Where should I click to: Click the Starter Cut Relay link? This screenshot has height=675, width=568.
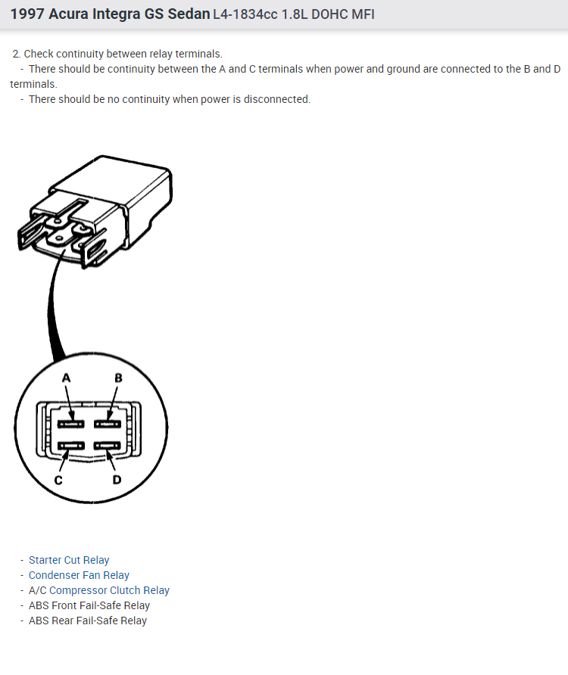coord(69,560)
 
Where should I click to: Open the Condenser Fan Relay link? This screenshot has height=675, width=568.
coord(79,575)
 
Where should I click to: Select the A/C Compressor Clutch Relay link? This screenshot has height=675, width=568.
coord(99,590)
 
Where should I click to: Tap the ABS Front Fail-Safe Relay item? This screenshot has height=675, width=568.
coord(89,605)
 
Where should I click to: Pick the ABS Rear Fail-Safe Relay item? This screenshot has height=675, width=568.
coord(88,621)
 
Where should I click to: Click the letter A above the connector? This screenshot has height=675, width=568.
coord(67,378)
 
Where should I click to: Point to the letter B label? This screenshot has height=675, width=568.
coord(118,378)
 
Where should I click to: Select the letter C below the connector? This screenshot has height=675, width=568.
coord(58,480)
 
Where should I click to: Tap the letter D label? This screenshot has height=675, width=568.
coord(117,480)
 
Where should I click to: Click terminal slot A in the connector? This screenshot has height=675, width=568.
coord(73,422)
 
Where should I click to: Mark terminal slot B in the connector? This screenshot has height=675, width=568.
coord(108,422)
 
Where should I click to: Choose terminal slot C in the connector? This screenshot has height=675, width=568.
coord(72,446)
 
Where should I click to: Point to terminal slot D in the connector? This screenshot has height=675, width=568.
coord(107,446)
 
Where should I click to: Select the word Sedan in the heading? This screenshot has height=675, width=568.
coord(190,14)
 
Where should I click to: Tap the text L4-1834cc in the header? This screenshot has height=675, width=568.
coord(242,14)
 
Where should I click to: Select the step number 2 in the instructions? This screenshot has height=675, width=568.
coord(16,54)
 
